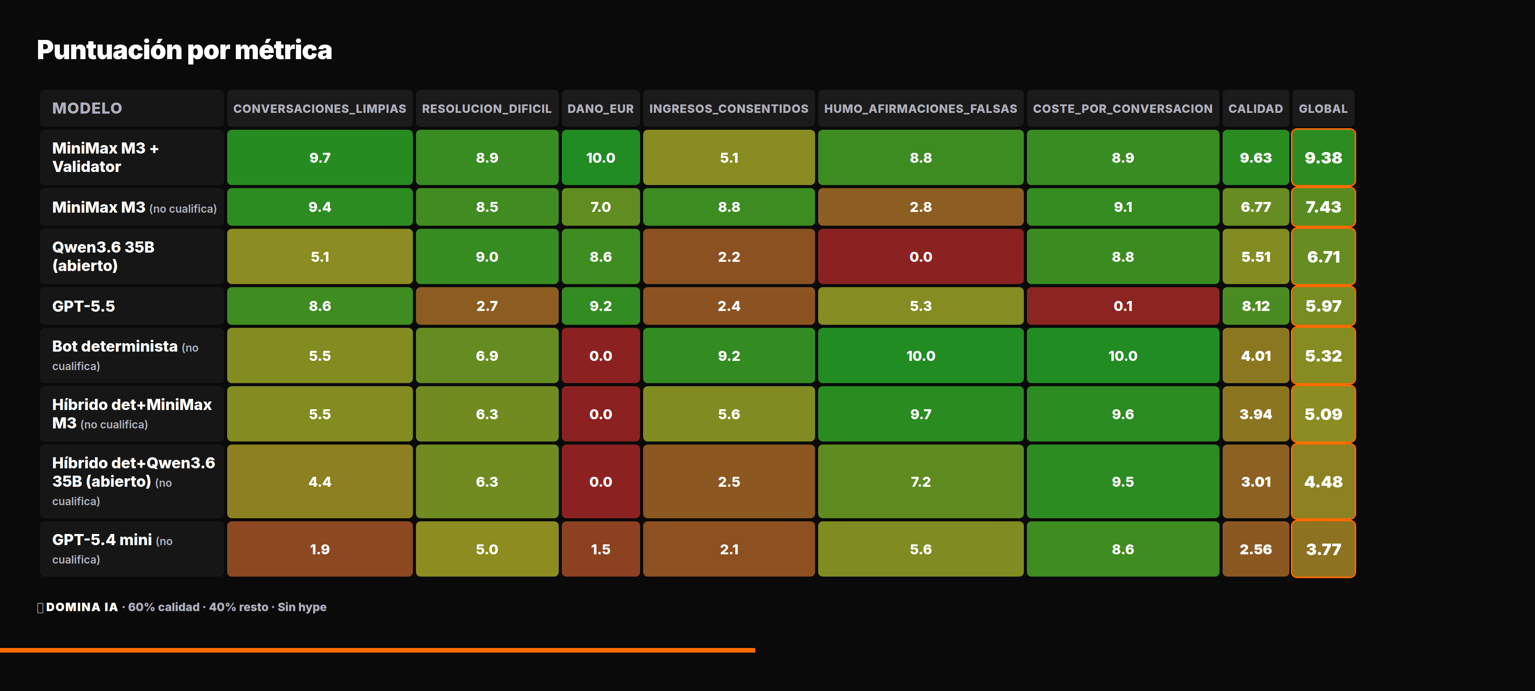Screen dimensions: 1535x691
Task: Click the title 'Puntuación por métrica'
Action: [x=184, y=50]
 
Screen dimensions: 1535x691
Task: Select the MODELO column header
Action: [x=87, y=109]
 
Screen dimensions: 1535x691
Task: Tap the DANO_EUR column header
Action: [x=600, y=109]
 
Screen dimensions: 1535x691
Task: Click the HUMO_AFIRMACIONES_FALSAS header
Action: [x=920, y=109]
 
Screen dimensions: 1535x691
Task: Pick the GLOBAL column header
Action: [x=1323, y=109]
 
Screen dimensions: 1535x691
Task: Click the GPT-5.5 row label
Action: [x=83, y=306]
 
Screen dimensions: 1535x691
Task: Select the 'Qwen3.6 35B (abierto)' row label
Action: [x=104, y=256]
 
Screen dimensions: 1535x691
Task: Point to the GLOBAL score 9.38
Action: [x=1323, y=157]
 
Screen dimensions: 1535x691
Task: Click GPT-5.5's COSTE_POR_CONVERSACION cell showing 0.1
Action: [x=1122, y=306]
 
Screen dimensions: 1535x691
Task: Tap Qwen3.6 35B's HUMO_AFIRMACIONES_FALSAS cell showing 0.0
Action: [x=920, y=256]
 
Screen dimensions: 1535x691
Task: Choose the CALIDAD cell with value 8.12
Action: [x=1256, y=306]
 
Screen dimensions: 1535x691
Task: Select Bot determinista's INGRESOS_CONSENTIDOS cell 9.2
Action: [x=729, y=355]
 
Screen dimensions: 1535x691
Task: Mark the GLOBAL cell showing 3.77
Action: [x=1323, y=549]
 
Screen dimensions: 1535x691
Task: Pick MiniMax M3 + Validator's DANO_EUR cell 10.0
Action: [x=600, y=157]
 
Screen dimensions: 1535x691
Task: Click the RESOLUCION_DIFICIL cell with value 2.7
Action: [x=487, y=306]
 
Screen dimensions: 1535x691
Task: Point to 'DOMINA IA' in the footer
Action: [x=82, y=607]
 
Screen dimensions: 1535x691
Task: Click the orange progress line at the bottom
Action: [x=377, y=650]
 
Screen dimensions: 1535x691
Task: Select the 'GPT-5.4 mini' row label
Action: [x=102, y=540]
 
